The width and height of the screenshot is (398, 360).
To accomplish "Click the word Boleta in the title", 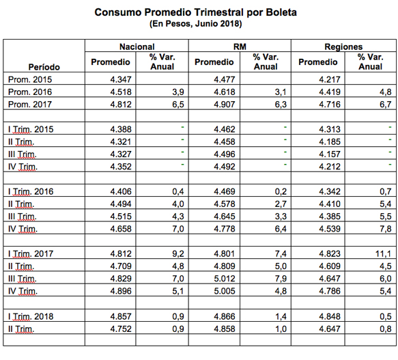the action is [281, 12].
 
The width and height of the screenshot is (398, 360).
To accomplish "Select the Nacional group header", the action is [137, 46].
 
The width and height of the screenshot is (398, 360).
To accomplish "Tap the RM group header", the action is [240, 46].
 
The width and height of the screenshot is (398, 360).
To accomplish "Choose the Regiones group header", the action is [343, 46].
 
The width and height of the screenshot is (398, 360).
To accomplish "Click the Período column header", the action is [44, 67].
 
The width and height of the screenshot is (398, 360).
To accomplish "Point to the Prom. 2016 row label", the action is [30, 92].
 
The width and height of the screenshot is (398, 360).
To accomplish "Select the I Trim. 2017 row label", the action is [31, 253].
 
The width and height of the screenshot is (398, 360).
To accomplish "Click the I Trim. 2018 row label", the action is [31, 316].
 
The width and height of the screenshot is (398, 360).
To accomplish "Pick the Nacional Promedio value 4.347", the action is [121, 79].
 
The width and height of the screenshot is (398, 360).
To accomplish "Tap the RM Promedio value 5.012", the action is [225, 279].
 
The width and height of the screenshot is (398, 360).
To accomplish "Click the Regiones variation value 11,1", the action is [383, 253].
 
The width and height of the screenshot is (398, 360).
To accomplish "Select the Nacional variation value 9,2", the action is [178, 253].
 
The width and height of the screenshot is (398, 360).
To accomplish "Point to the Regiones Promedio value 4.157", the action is [330, 154].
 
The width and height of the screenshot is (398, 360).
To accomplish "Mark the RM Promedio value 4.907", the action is [225, 104].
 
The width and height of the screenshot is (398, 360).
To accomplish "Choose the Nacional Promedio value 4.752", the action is [121, 329].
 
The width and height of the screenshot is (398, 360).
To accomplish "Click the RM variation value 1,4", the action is [281, 316].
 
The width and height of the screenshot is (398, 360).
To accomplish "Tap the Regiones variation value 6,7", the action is [385, 104].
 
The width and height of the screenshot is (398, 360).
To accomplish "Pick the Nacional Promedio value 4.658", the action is [121, 229].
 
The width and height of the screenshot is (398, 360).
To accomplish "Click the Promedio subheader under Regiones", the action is [318, 62].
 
